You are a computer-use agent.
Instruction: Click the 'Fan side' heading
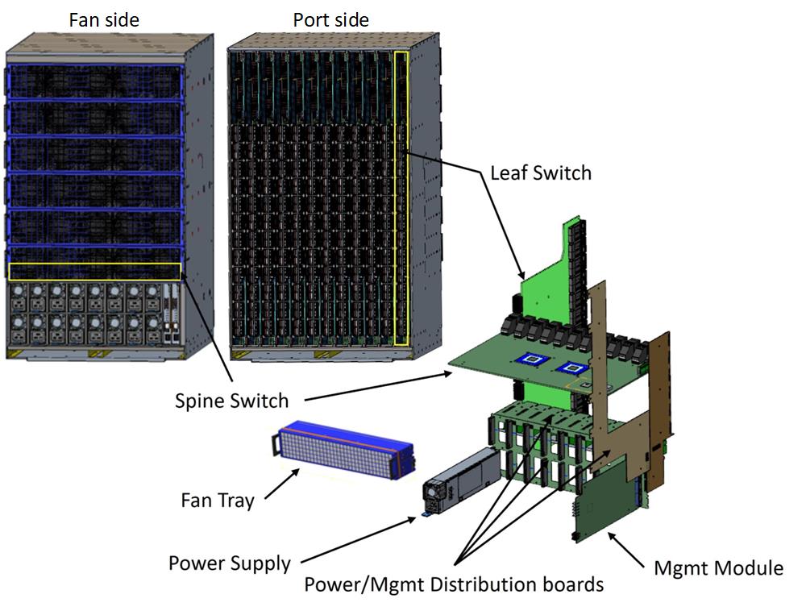[103, 19]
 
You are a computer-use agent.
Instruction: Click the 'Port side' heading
[331, 19]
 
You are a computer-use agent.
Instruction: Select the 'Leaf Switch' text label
[540, 172]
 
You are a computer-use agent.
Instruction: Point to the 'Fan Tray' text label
[217, 501]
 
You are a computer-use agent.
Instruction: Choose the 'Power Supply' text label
[230, 563]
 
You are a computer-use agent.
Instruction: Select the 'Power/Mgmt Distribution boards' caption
[453, 584]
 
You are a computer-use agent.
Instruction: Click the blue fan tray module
[343, 455]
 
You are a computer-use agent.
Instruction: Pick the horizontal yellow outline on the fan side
[95, 272]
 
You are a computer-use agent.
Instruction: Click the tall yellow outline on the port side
[401, 198]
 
